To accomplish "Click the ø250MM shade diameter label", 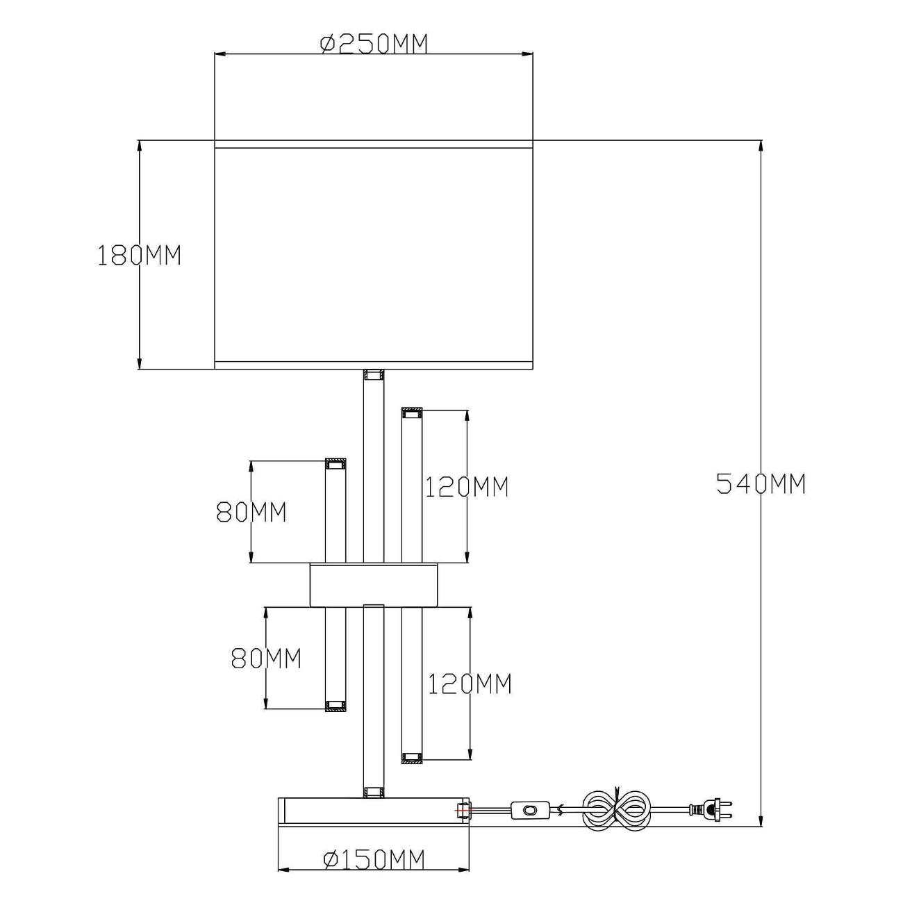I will pos(374,44).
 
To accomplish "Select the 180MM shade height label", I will pos(139,256).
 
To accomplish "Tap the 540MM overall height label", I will pos(761,483).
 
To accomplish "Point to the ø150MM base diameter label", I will pos(374,859).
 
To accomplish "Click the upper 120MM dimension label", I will pos(467,487).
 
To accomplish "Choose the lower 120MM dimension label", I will pos(470,684).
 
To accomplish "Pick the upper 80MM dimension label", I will pos(251,512).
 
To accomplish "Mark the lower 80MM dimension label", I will pos(266,658).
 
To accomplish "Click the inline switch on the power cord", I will pos(531,809).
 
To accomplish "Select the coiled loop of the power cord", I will pos(618,809).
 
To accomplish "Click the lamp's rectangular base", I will pos(374,811).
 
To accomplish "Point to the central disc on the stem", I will pos(374,583).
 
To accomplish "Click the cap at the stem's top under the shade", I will pos(374,376).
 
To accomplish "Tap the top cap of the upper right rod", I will pos(411,414).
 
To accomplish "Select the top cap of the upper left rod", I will pos(336,463).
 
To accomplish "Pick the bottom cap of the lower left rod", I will pos(336,706).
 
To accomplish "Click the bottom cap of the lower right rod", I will pos(411,758).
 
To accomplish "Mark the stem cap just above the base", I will pos(374,791).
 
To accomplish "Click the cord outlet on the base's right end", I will pos(462,810).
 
